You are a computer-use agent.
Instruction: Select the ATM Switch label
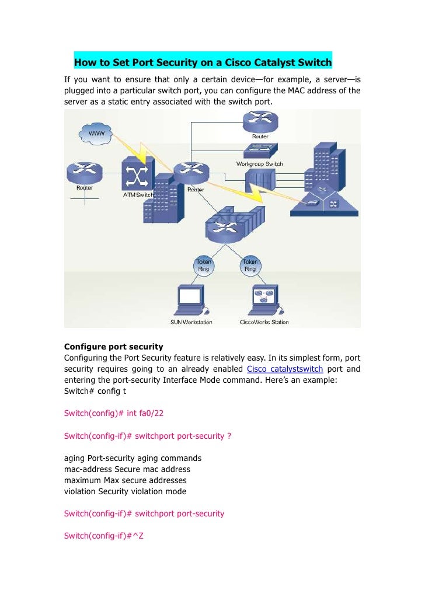coord(138,194)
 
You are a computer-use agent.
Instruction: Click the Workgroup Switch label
coord(259,164)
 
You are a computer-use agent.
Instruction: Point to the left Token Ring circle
coord(203,265)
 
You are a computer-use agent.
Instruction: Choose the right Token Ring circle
coord(250,265)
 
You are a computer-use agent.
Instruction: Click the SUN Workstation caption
coord(191,322)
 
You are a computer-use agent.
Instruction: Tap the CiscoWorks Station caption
coord(264,322)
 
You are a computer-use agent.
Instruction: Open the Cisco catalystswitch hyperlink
coord(285,369)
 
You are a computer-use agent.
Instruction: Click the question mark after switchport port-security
coord(229,436)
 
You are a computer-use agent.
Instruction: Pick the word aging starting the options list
coord(74,458)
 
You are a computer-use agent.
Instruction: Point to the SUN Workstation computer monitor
coord(190,296)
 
